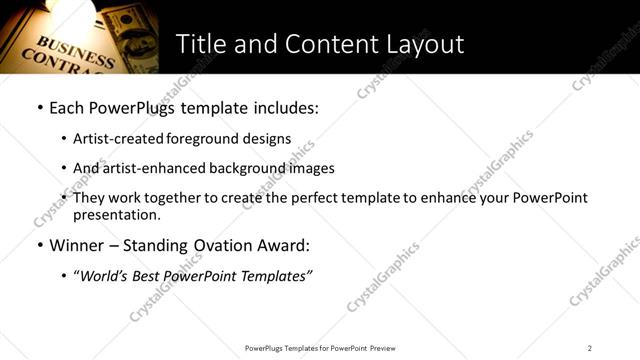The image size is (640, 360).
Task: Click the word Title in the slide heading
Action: click(200, 44)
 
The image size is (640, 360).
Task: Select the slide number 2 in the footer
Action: click(590, 348)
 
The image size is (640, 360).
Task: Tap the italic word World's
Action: click(105, 275)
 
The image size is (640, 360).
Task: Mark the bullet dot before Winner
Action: click(39, 244)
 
